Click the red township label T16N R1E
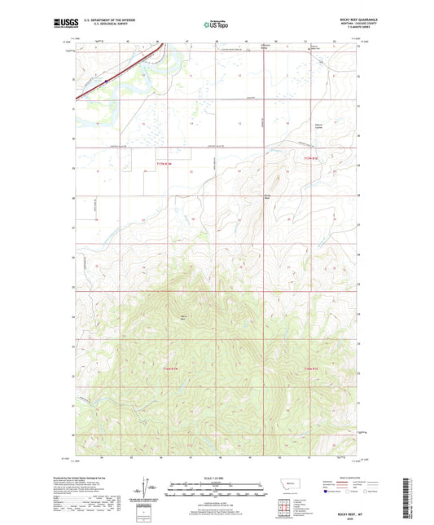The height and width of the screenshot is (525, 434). coord(315,368)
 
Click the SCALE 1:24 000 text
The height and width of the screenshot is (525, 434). coord(216,477)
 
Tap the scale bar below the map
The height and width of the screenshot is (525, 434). coord(216,492)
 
